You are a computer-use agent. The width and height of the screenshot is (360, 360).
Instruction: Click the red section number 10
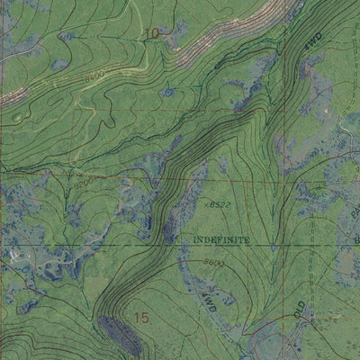[151, 34]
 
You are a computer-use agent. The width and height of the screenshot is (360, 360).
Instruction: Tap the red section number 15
[140, 318]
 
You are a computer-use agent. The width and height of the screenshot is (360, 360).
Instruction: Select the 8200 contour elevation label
[84, 184]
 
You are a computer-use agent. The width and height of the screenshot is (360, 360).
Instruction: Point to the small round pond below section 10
[166, 92]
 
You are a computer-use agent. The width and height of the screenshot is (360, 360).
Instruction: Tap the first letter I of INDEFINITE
[194, 240]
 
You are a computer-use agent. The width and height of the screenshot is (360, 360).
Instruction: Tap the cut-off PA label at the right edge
[354, 214]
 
